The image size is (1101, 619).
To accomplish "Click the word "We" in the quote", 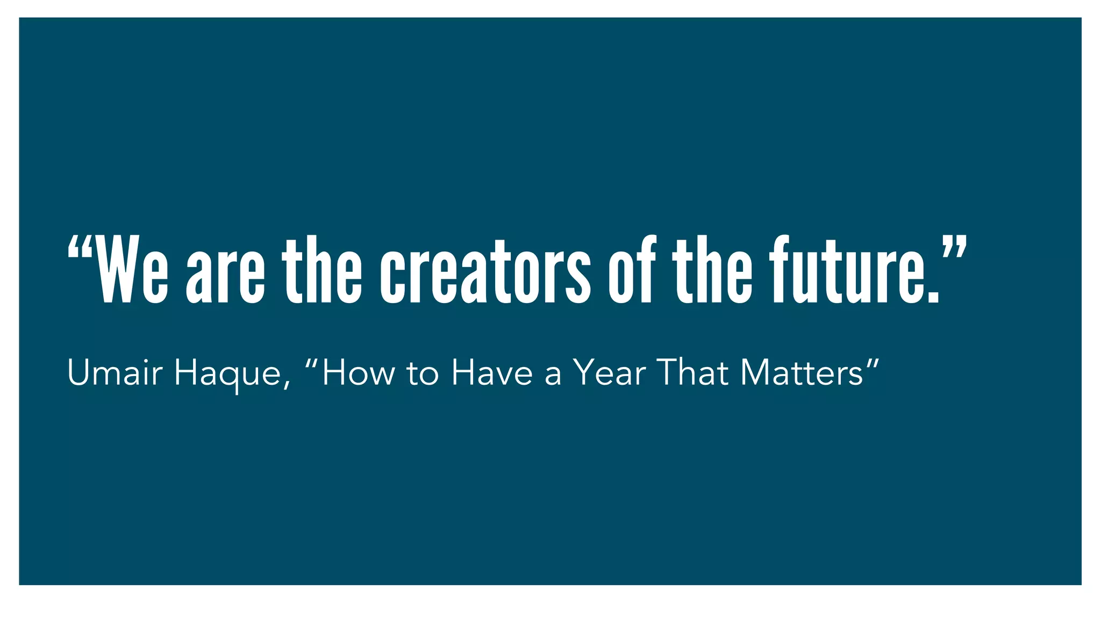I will [x=132, y=270].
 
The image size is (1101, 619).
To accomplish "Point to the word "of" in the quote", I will [x=632, y=270].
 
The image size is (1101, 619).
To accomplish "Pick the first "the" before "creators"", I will [x=322, y=270].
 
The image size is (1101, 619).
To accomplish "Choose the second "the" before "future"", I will [x=712, y=270].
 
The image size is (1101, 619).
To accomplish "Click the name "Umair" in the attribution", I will [x=115, y=372].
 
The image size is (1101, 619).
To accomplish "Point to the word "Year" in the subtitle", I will [x=609, y=372].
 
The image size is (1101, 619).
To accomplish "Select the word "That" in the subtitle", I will [x=693, y=372].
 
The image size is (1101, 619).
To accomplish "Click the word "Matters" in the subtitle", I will [x=802, y=372].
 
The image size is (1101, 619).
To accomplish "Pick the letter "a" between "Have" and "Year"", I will [x=553, y=376].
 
